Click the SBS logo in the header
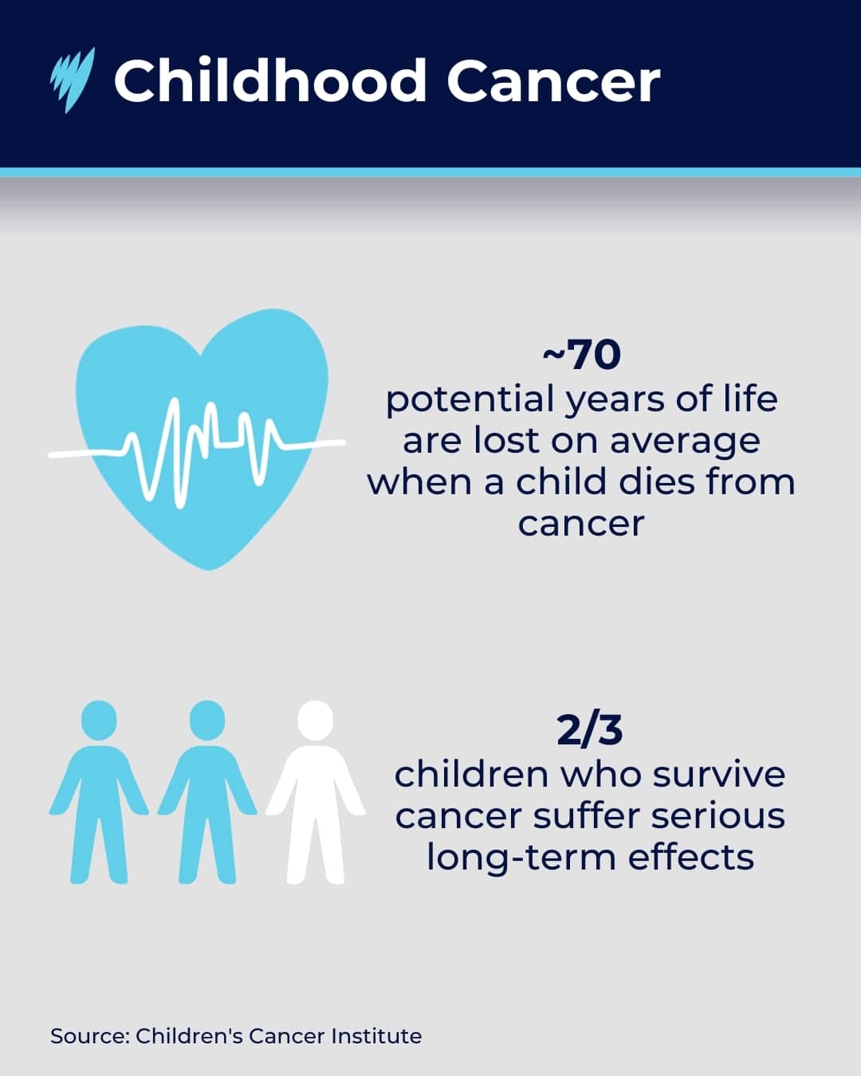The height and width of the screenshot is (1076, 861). pos(73,80)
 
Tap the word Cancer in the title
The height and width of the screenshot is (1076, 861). pos(552,81)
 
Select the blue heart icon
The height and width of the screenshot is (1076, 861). pos(203,399)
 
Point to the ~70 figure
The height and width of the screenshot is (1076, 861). pos(581,355)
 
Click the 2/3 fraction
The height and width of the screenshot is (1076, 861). pos(589,730)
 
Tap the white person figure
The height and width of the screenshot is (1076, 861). pos(316,797)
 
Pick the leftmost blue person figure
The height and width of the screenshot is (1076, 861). pos(99,797)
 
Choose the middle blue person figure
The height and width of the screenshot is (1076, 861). pos(207,797)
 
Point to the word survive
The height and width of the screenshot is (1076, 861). pos(721,774)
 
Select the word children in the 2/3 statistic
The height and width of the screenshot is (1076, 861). pos(471,774)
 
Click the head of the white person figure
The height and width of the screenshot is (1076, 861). pos(315,721)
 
